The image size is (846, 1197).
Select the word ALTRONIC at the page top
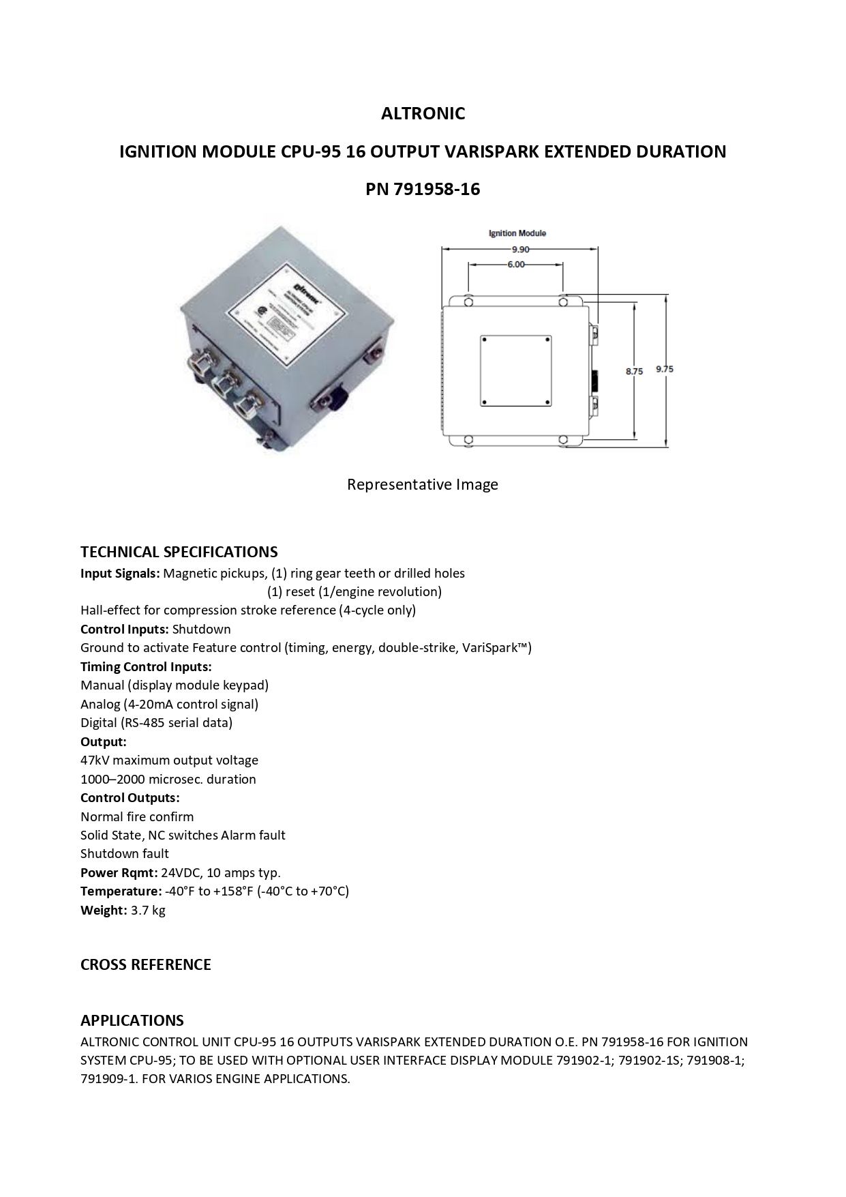423,113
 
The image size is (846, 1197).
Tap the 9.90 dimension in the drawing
520,250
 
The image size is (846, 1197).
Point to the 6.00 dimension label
516,265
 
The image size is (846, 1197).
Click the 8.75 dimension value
634,371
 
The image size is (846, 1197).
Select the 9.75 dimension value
665,369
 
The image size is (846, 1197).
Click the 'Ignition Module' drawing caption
517,233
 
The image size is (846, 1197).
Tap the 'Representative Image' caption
423,484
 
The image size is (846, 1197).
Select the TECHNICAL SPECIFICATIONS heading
179,552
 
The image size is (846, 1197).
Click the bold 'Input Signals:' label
120,574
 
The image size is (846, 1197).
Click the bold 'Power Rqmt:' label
119,872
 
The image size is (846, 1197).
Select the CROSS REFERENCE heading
146,964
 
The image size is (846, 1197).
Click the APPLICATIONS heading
132,1020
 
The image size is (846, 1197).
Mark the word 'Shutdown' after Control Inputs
202,629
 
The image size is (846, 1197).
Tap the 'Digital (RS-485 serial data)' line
157,722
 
